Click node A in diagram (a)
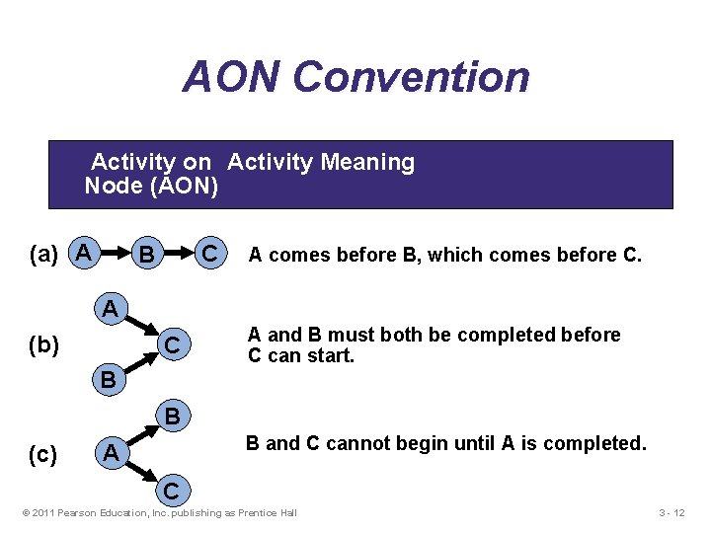(x=85, y=254)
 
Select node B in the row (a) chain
(x=147, y=256)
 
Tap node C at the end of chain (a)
(x=209, y=255)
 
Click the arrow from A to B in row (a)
(x=116, y=255)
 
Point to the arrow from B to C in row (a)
(x=178, y=255)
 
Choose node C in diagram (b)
(x=172, y=346)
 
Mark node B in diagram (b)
(x=111, y=379)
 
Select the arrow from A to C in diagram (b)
(x=141, y=327)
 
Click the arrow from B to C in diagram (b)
(x=141, y=363)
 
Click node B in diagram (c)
(x=172, y=417)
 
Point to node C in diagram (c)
(x=172, y=490)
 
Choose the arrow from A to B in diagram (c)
(x=141, y=434)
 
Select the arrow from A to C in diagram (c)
(x=141, y=472)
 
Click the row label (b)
(x=44, y=345)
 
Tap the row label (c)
(x=43, y=454)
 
